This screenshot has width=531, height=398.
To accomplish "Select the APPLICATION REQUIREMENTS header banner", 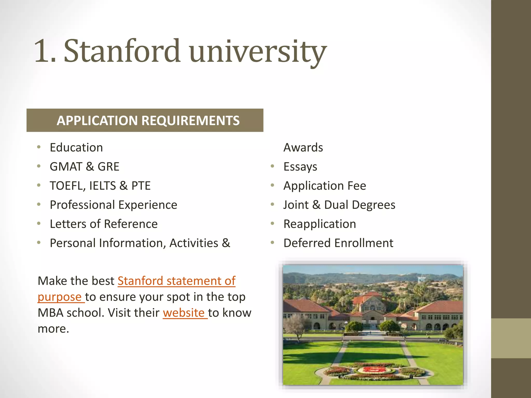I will click(145, 120).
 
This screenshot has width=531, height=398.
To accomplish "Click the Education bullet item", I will click(76, 147).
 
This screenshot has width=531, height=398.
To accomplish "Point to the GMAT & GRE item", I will click(85, 167).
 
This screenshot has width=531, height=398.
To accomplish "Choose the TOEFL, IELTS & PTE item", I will click(100, 186).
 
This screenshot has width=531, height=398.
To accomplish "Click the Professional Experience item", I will click(113, 205).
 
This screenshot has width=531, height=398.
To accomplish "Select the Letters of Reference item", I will click(103, 224).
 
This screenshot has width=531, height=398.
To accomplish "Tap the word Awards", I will click(303, 147).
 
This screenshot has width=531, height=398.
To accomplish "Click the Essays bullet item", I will click(300, 167).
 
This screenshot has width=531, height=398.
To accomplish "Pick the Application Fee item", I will click(325, 186).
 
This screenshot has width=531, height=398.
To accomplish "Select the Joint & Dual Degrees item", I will click(339, 205).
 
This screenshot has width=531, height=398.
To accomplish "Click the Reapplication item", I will click(320, 224).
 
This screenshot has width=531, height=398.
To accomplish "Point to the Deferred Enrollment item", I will click(338, 243).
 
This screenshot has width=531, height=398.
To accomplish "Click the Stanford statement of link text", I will click(176, 281).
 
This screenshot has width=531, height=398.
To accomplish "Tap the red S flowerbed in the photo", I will click(374, 369).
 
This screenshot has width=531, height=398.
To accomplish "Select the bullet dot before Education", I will click(39, 147).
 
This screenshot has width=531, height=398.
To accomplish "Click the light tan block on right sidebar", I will click(511, 338).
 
